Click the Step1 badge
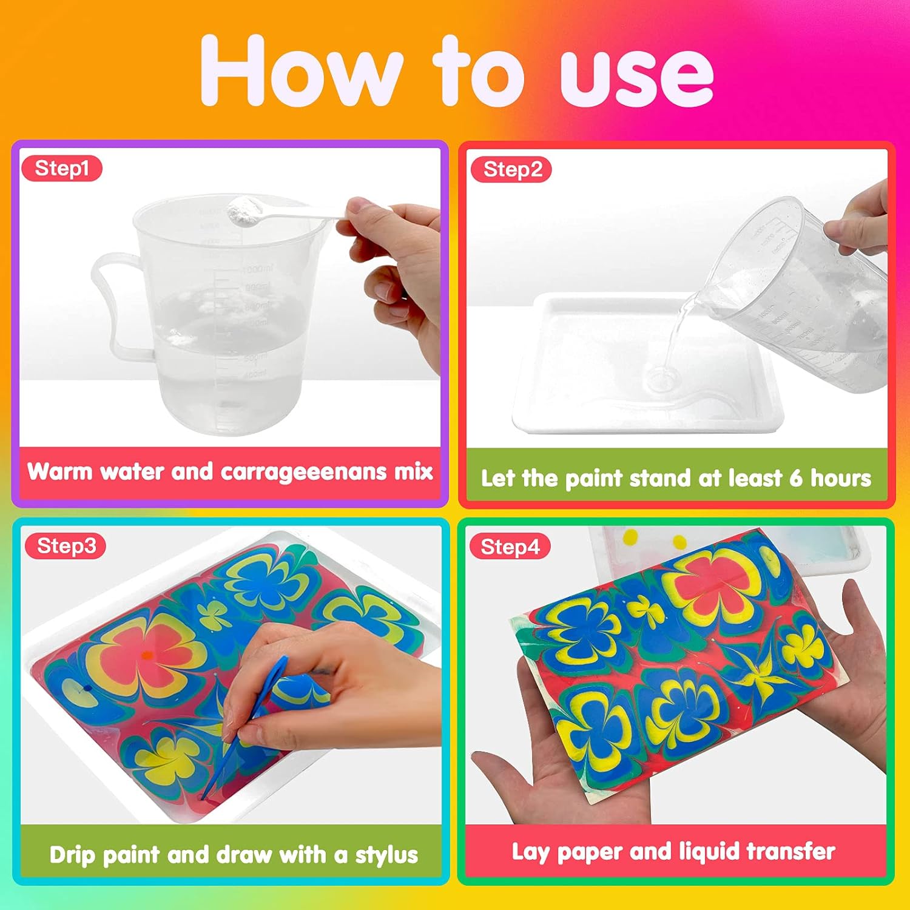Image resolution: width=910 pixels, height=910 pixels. point(62,169)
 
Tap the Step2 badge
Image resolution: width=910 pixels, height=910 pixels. point(511,170)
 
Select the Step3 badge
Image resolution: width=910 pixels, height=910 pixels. point(66,546)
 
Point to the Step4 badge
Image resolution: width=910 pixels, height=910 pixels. point(510,547)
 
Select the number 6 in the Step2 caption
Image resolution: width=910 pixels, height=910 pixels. point(796,478)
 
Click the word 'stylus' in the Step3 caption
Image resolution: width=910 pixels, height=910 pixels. point(386,855)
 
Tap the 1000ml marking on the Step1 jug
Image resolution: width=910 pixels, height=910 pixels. point(257,269)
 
